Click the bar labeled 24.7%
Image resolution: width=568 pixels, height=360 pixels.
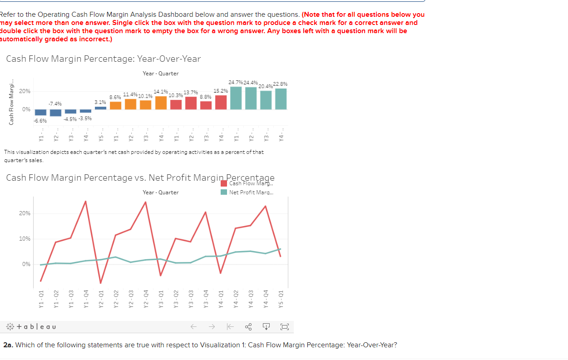point(236,98)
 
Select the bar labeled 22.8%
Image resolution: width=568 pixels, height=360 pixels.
point(281,99)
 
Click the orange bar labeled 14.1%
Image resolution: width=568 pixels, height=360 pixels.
point(161,103)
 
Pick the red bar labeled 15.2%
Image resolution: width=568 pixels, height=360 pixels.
point(221,102)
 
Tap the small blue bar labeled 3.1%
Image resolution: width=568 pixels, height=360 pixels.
point(101,108)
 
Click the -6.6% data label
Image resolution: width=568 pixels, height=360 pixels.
point(40,121)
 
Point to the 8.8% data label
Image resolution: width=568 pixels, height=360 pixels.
point(205,97)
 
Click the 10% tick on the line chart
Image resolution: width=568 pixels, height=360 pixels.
point(25,239)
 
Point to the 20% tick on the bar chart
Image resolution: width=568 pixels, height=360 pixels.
point(25,91)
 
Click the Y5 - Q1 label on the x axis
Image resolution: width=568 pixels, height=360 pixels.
point(281,301)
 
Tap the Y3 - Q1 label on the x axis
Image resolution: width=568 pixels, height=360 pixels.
point(161,301)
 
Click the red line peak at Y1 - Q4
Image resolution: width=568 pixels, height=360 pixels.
point(85,201)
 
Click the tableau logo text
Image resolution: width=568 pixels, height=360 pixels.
point(31,327)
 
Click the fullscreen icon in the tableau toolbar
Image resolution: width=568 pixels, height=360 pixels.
point(284,327)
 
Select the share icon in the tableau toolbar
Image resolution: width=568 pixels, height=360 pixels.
point(248,327)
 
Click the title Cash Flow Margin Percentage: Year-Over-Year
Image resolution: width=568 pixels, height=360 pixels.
point(104,59)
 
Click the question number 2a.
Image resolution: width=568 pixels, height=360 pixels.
point(8,345)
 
